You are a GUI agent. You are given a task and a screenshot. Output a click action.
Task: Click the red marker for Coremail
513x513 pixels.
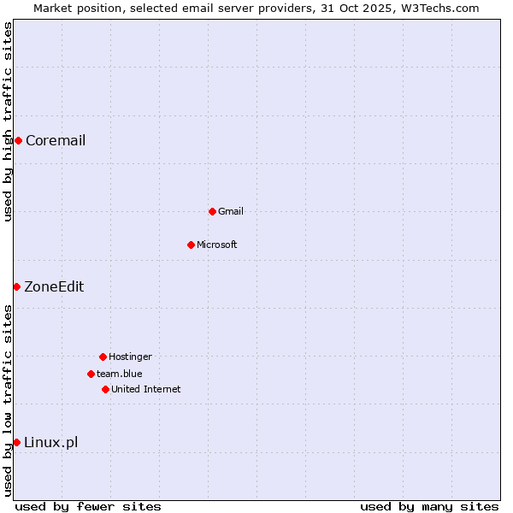(18, 140)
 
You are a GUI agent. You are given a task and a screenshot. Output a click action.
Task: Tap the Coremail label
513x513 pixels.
(56, 141)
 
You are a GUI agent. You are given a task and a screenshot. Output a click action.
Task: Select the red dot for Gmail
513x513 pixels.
(212, 211)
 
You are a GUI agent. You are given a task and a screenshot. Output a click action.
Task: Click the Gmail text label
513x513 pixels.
(231, 212)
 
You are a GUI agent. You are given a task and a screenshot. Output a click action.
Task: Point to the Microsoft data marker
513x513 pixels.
(191, 245)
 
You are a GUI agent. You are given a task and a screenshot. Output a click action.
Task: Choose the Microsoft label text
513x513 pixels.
(217, 245)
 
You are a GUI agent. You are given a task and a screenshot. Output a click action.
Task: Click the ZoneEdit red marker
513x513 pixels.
(16, 286)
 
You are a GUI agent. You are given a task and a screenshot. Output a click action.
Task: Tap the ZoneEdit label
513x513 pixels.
(54, 287)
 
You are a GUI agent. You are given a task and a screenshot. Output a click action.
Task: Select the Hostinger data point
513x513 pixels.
(103, 357)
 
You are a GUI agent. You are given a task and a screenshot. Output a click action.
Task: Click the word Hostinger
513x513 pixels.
(130, 357)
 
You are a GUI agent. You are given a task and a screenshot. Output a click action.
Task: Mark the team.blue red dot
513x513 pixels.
(91, 374)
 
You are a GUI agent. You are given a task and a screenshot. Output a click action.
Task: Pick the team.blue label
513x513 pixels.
(120, 374)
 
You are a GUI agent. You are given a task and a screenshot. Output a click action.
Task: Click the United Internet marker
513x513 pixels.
(105, 389)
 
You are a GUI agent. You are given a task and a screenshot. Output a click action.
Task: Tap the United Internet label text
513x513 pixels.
(146, 390)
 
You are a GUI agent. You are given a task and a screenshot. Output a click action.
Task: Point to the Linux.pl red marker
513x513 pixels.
(16, 442)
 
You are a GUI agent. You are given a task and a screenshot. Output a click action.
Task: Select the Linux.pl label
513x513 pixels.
(51, 443)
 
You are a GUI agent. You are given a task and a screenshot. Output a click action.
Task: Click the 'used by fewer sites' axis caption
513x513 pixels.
(88, 506)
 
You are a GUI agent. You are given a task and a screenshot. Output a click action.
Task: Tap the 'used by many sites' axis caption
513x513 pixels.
(429, 506)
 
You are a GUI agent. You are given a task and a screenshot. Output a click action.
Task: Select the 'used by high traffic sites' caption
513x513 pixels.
(8, 121)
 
